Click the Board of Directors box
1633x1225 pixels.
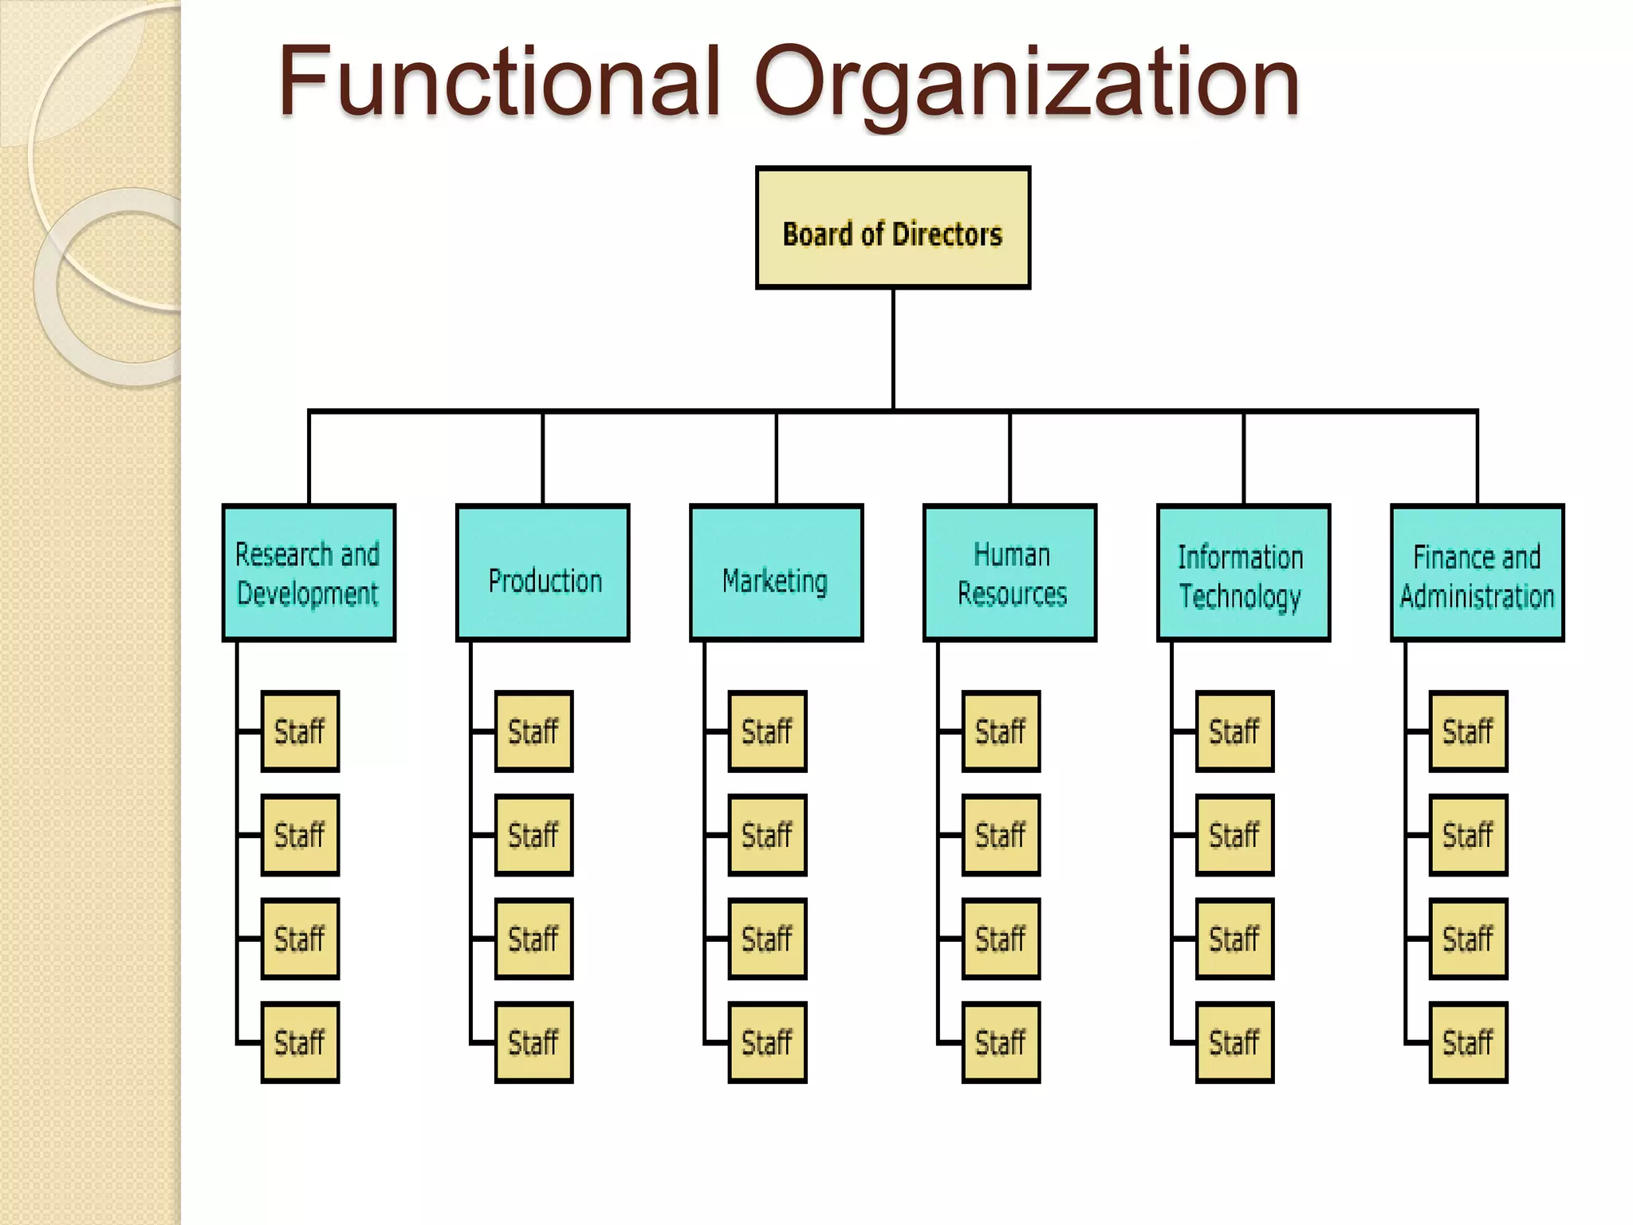892,227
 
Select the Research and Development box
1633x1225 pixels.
309,573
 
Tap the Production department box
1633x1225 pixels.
542,573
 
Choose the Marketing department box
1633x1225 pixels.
776,573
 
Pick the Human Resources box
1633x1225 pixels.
1009,573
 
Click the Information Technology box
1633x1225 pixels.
1243,573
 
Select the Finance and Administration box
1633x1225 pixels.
1477,573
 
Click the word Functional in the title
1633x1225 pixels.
498,81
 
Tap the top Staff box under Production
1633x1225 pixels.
533,731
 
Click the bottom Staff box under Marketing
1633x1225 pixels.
767,1042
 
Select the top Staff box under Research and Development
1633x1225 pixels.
300,731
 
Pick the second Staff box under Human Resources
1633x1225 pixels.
1001,835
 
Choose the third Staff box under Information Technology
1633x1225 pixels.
1234,939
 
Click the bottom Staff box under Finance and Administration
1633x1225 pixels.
1468,1042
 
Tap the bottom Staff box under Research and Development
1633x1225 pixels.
300,1042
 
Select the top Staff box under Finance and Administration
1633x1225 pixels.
1468,731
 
